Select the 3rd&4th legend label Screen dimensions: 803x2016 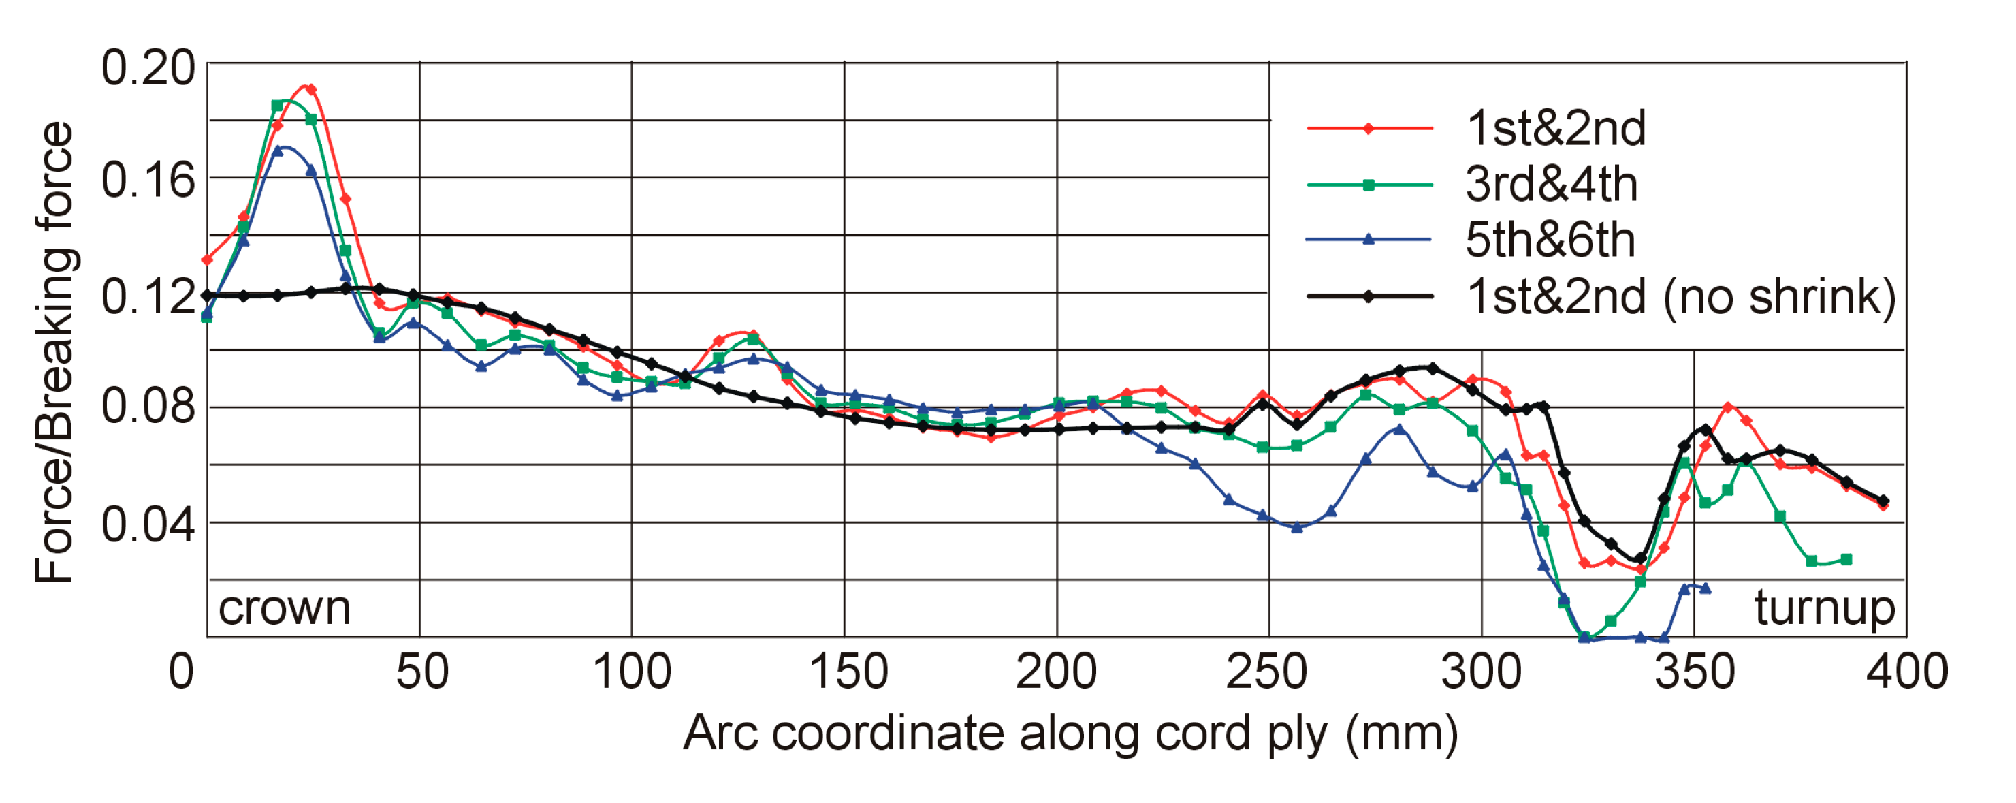(1550, 185)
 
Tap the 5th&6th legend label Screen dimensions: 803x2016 (1550, 240)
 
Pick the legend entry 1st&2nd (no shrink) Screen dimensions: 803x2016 (1680, 297)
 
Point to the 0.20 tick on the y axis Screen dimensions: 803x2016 (147, 67)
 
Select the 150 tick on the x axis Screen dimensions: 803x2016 (848, 672)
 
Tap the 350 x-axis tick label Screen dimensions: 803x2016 (1695, 672)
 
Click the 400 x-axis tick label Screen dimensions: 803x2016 (1906, 672)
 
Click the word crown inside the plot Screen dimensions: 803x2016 (284, 608)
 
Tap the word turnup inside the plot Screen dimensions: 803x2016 (1823, 608)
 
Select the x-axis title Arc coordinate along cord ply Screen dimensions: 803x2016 (1070, 734)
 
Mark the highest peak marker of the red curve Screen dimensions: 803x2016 (310, 89)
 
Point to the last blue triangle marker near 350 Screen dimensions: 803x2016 (1706, 588)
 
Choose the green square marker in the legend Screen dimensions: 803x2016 (1368, 185)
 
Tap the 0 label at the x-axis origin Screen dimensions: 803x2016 (181, 672)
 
